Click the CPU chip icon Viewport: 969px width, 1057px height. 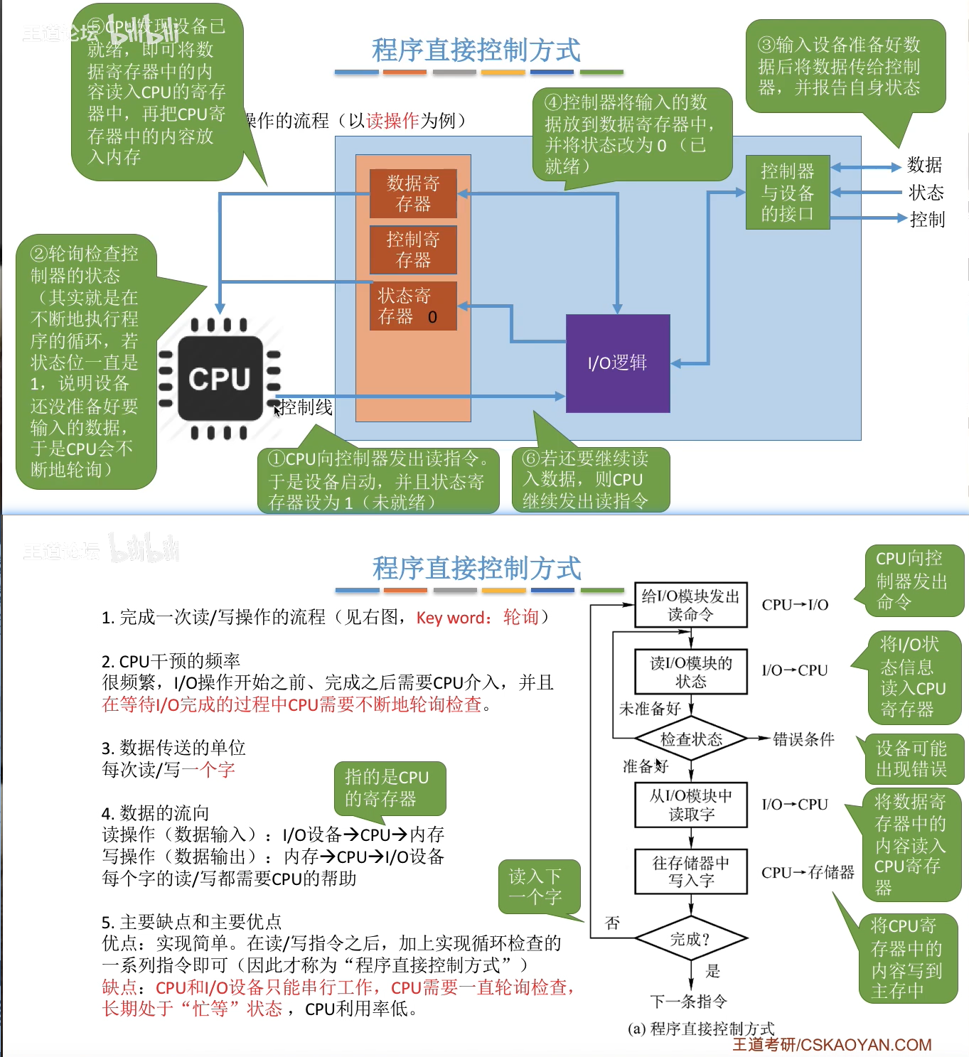click(x=220, y=378)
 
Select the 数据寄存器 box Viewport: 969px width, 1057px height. click(x=413, y=193)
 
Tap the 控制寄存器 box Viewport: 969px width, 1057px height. click(x=413, y=250)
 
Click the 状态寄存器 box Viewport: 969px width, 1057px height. click(x=413, y=306)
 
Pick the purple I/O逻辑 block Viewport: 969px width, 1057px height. click(x=618, y=363)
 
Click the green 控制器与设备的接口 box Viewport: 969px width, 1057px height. click(x=788, y=192)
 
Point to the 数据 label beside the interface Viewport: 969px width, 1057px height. click(x=924, y=166)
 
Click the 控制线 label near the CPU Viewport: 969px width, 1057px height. click(x=306, y=407)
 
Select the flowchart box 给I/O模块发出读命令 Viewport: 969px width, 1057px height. click(x=691, y=605)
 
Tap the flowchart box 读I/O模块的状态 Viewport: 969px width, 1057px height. click(x=691, y=672)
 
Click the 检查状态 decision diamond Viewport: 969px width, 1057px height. click(x=691, y=739)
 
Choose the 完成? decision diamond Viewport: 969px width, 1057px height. click(x=691, y=939)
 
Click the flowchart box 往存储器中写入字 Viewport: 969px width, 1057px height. click(x=691, y=871)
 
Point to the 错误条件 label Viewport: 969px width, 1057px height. click(x=803, y=739)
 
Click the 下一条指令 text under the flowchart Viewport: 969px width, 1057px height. click(x=689, y=1002)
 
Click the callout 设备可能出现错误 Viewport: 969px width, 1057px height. click(x=911, y=758)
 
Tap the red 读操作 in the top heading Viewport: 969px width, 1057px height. click(x=393, y=121)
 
